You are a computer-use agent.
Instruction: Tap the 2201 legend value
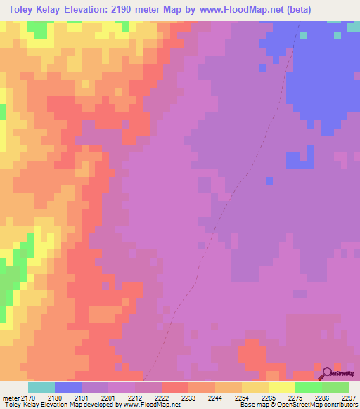pyautogui.click(x=117, y=398)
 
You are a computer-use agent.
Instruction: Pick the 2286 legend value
pyautogui.click(x=311, y=398)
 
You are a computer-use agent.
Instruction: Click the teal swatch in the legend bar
pyautogui.click(x=41, y=387)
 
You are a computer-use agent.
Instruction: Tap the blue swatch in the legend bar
pyautogui.click(x=68, y=387)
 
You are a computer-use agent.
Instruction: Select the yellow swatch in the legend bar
pyautogui.click(x=282, y=387)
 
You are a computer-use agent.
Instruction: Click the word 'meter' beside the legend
pyautogui.click(x=11, y=398)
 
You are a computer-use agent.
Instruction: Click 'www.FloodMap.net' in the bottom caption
pyautogui.click(x=151, y=405)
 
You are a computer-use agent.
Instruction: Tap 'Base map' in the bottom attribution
pyautogui.click(x=256, y=405)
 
